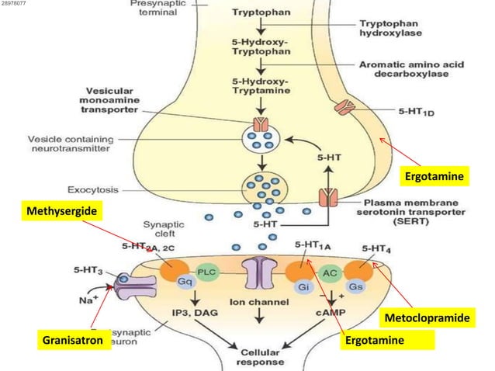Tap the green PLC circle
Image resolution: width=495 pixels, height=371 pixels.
(x=206, y=272)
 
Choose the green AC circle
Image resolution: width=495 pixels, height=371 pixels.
(x=328, y=272)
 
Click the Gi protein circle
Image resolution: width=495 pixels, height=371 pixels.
(x=304, y=286)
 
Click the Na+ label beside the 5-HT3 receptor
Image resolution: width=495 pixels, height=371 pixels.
(x=88, y=300)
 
